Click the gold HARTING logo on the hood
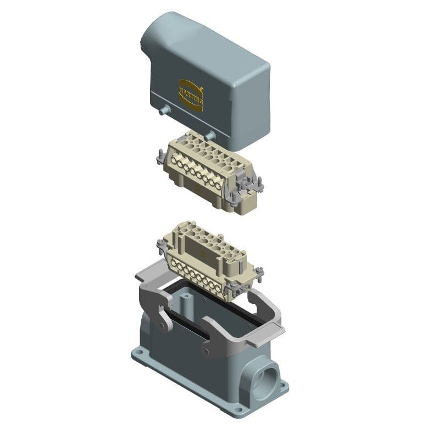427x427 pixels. [191, 95]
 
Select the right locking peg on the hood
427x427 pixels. [209, 135]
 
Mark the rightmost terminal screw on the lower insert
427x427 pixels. [219, 287]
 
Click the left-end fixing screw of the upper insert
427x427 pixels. [160, 157]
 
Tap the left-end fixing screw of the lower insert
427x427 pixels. [161, 245]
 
